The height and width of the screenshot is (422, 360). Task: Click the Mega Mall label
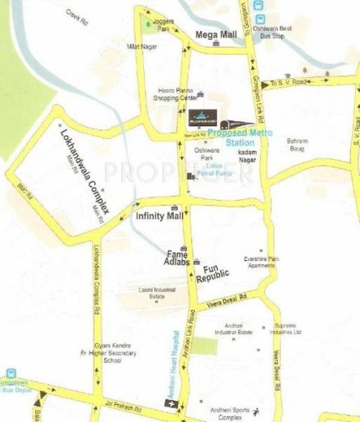point(214,32)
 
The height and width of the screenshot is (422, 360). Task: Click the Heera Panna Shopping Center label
point(176,95)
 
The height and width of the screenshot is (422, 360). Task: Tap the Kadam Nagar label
point(250,153)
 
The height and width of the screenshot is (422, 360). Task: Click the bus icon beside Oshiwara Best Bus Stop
point(261,20)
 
